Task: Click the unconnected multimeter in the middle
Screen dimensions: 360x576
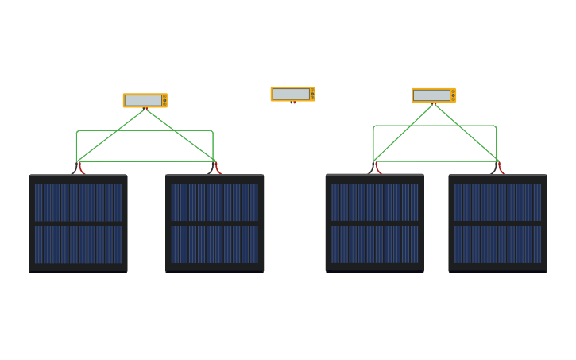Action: coord(292,94)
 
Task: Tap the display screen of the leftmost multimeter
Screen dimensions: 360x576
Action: coord(142,100)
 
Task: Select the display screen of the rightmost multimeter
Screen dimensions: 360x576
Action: coord(431,95)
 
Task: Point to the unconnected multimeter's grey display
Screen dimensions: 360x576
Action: coord(291,94)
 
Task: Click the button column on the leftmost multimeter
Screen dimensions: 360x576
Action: coord(164,100)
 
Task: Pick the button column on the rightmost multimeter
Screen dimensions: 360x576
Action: coord(453,95)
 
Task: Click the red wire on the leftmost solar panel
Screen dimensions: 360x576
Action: coord(81,168)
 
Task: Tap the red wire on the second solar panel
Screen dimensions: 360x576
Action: coord(217,168)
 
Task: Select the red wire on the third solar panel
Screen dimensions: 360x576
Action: coord(377,168)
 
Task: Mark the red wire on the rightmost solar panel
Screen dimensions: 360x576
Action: coord(501,168)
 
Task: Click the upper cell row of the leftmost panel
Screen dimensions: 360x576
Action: coord(78,202)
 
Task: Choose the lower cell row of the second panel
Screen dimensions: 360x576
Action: coord(215,244)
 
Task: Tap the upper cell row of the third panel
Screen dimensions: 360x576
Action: coord(374,202)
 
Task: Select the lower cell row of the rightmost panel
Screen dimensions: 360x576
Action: coord(497,244)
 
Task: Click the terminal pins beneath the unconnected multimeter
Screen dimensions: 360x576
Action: coord(292,103)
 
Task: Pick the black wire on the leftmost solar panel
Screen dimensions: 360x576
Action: coord(75,168)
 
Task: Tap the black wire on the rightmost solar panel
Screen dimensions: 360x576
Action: coord(494,168)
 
